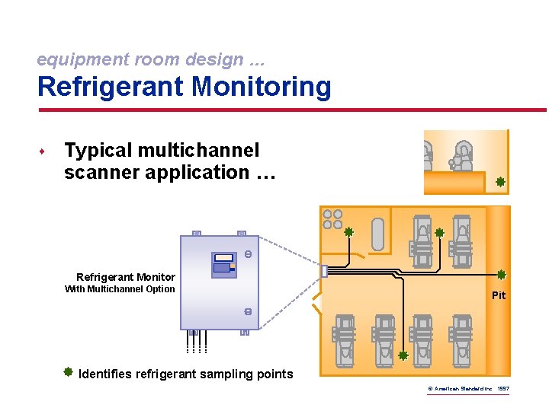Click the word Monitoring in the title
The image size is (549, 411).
point(262,87)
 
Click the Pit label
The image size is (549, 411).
point(499,295)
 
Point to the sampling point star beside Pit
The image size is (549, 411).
point(501,275)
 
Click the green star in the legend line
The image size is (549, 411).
point(68,372)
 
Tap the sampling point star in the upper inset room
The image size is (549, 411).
point(500,182)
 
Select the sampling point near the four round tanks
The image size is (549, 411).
point(348,232)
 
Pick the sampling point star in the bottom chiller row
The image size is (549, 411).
point(403,355)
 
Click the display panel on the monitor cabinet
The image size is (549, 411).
point(222,263)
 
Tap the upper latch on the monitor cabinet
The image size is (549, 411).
point(248,254)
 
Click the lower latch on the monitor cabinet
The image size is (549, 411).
point(248,312)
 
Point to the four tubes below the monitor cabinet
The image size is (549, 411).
point(195,344)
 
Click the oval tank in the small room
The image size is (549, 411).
point(377,234)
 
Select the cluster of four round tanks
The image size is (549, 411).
point(332,219)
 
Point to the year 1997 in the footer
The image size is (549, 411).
point(502,389)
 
